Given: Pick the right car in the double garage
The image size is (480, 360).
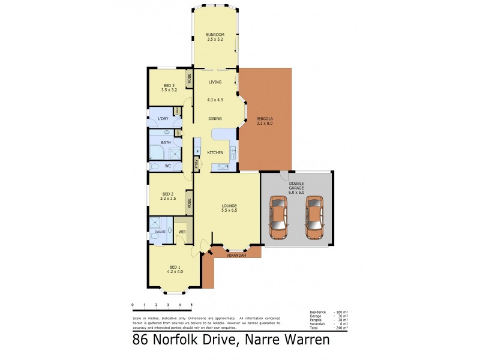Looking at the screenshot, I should click(314, 216).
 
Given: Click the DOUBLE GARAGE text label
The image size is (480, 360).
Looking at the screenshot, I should click(297, 187).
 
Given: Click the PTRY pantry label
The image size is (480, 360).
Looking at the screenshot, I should click(196, 163).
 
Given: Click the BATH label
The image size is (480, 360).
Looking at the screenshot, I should click(166, 142).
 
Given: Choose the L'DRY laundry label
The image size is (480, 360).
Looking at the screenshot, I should click(163, 118).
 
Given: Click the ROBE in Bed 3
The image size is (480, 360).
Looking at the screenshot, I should click(189, 78).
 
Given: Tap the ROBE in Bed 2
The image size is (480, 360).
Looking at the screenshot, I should click(189, 203).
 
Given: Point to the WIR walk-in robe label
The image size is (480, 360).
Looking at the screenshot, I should click(181, 232).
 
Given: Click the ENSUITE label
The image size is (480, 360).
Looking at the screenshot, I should click(160, 231).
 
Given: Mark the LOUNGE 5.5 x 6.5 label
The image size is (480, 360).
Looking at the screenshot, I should click(229, 208).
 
